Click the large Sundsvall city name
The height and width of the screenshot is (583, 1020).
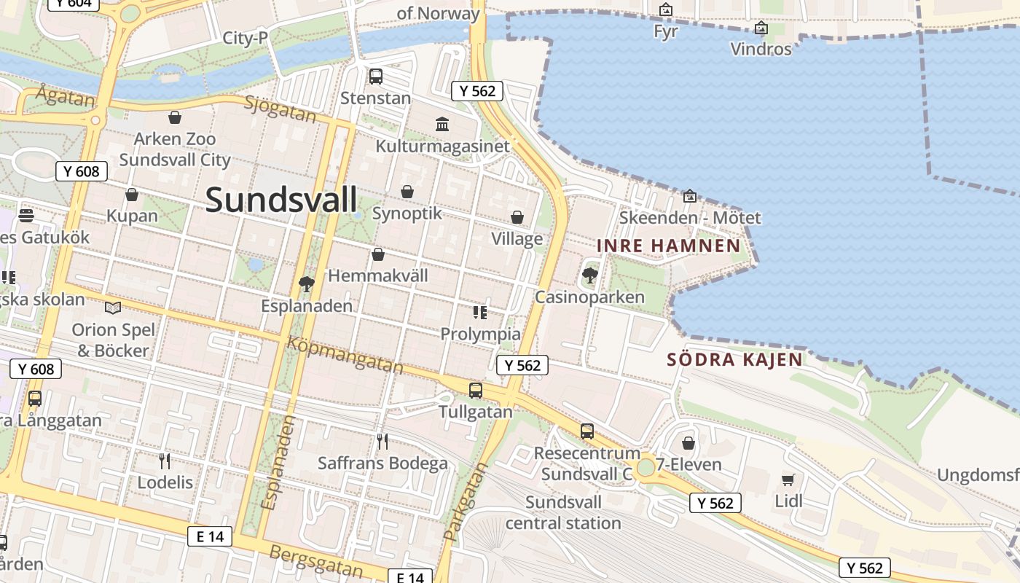pyautogui.click(x=281, y=200)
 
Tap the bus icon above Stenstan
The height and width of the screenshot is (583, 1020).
pyautogui.click(x=376, y=76)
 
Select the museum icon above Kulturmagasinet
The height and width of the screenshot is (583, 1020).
pyautogui.click(x=442, y=124)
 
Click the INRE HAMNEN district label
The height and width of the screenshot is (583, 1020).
pyautogui.click(x=668, y=246)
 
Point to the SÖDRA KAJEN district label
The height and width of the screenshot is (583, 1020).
pyautogui.click(x=734, y=359)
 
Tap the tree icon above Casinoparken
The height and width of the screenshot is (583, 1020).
pyautogui.click(x=589, y=275)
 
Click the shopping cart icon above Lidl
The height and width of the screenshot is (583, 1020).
pyautogui.click(x=788, y=479)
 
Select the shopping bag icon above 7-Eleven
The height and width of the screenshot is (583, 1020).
pyautogui.click(x=688, y=442)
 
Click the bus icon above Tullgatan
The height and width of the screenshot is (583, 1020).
pyautogui.click(x=476, y=390)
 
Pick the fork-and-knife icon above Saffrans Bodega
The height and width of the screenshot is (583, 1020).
pyautogui.click(x=382, y=441)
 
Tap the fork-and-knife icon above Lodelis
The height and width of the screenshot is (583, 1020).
pyautogui.click(x=165, y=461)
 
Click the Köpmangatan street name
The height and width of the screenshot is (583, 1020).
pyautogui.click(x=345, y=355)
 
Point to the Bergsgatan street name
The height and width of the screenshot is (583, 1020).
pyautogui.click(x=316, y=560)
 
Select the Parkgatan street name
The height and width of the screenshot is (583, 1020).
pyautogui.click(x=465, y=502)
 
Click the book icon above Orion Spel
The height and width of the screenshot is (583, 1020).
pyautogui.click(x=113, y=308)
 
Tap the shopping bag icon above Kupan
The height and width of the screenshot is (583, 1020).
pyautogui.click(x=132, y=195)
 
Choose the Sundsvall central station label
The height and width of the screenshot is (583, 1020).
pyautogui.click(x=563, y=512)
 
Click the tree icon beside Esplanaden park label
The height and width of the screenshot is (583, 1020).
pyautogui.click(x=307, y=283)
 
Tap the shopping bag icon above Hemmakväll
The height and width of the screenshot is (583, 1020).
pyautogui.click(x=377, y=254)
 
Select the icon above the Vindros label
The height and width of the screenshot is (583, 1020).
pyautogui.click(x=761, y=28)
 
